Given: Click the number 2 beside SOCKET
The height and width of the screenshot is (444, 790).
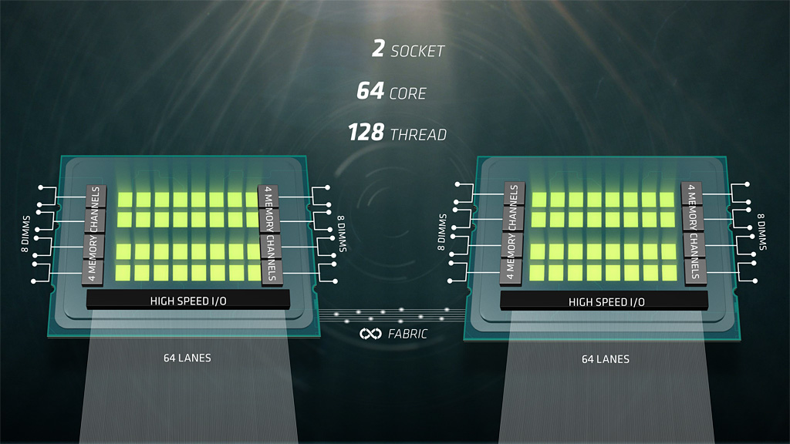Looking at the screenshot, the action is coord(378,49).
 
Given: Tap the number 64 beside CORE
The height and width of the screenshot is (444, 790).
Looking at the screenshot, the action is coord(370,91).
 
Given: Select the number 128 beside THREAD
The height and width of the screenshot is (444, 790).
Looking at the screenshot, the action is coord(366,133).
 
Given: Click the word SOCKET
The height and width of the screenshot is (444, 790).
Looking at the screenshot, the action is coord(417,52).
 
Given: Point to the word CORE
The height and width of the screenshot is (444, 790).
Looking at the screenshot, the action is coord(408,93).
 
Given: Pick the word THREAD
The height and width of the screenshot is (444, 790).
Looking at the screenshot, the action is coord(419,135).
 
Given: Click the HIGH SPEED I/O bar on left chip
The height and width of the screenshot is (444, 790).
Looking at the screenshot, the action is coord(188,300).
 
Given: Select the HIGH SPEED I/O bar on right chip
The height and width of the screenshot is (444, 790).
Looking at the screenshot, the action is coord(604,301).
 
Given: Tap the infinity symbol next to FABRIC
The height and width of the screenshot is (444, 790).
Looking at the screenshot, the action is coord(370,334).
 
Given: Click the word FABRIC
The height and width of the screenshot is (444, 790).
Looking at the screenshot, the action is coord(407,334).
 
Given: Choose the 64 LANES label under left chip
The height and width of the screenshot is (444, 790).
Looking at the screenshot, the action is coord(187,358).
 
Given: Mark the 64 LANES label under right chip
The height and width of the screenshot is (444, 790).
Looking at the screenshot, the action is coord(606,359).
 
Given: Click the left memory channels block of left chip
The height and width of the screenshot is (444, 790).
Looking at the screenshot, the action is coord(95,235).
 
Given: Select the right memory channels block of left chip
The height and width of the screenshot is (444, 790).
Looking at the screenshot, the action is coord(270,234).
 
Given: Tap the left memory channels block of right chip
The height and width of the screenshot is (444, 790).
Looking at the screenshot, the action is coord(513,233).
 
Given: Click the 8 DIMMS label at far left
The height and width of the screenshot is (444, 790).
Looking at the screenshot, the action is coord(25,234).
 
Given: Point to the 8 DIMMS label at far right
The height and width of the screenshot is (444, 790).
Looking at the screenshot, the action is coord(761,231).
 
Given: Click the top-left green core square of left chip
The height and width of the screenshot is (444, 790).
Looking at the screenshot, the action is coord(125,200).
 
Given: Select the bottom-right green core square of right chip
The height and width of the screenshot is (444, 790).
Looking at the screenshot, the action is coord(669,273).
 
